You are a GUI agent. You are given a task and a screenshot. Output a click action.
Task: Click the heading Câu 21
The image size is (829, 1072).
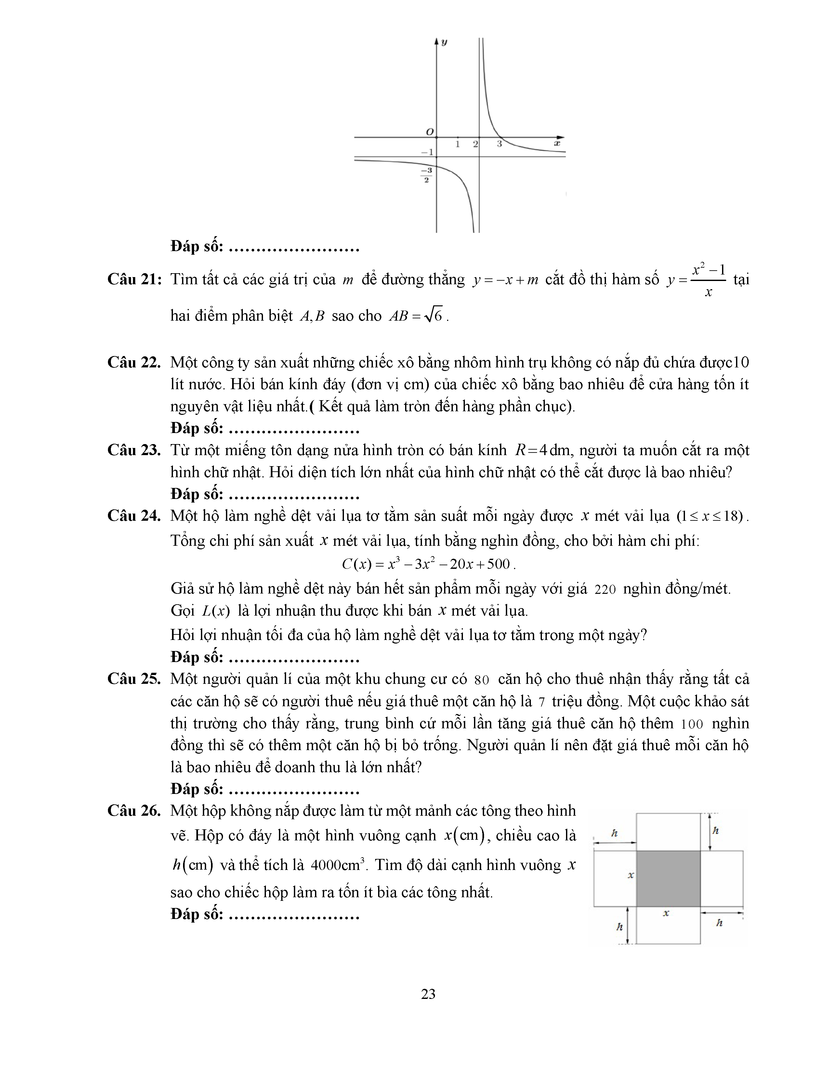click(x=134, y=279)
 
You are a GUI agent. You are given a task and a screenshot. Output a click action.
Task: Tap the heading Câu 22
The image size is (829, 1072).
click(x=134, y=363)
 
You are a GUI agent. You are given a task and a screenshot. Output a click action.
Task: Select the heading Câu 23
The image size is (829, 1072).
click(x=134, y=450)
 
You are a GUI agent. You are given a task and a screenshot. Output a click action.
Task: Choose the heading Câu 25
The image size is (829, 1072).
click(x=134, y=679)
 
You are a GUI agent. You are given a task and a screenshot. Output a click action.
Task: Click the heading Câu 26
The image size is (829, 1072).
click(x=134, y=811)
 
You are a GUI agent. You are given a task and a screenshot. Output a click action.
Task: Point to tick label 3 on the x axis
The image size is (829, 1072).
click(x=499, y=144)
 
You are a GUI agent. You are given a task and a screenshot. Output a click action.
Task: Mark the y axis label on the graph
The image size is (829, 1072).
click(x=444, y=42)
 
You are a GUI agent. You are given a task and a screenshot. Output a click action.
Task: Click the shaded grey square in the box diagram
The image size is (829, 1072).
click(x=668, y=879)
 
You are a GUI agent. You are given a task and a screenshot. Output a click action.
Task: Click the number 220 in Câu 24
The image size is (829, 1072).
click(x=605, y=589)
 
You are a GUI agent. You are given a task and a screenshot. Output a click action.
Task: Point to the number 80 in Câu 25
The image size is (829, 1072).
click(x=482, y=680)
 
